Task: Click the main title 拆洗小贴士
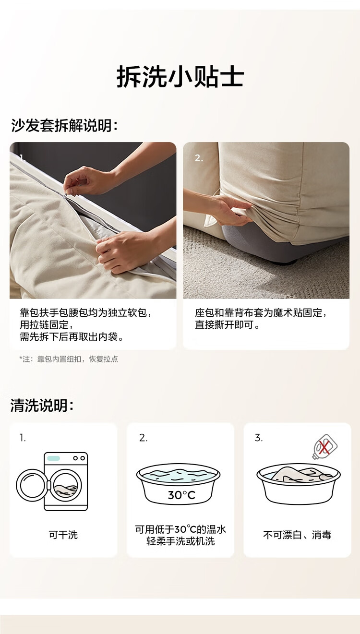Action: [180, 77]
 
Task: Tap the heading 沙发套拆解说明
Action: [64, 125]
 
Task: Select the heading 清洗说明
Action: [42, 405]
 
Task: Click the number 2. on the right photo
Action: [199, 158]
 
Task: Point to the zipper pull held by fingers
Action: [66, 195]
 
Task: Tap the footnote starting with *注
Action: [69, 359]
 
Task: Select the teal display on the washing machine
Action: [53, 458]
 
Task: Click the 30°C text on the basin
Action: [181, 495]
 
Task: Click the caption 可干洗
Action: [63, 535]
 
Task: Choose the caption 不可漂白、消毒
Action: [297, 535]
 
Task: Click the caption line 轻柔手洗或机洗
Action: [180, 541]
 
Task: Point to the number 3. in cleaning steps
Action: [259, 438]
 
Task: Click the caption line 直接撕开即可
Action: [227, 324]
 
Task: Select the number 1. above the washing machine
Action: [23, 438]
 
